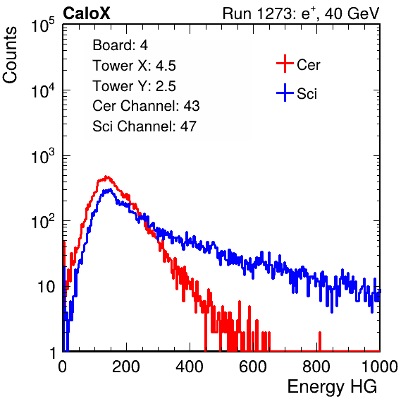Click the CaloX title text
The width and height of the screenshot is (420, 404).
pos(87,13)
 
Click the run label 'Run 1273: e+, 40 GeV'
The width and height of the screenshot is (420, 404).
pos(301,13)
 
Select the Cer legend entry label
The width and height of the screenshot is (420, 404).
pos(308,65)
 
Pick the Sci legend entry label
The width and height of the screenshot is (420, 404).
pos(307,94)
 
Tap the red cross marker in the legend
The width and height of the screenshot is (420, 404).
pos(285,64)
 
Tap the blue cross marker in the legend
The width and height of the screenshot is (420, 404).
pos(285,93)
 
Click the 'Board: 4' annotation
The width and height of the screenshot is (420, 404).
pos(120,45)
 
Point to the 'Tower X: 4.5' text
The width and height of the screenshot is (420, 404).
pos(134,66)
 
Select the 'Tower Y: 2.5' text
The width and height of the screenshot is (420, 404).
pos(134,86)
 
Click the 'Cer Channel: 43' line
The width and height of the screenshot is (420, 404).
pos(146,106)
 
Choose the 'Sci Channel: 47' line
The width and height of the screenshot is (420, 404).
pos(144,126)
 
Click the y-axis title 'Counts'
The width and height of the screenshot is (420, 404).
pos(10,55)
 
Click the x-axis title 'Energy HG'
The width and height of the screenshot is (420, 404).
pos(332,387)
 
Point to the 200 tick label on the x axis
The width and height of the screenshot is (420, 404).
pos(126,367)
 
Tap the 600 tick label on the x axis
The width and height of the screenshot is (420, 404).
pos(253,367)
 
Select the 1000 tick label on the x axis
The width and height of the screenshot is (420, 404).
pos(380,367)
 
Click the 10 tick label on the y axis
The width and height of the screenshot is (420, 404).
pos(46,287)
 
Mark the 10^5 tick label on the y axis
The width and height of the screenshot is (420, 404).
pos(43,25)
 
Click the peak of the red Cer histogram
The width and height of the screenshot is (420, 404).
pos(106,177)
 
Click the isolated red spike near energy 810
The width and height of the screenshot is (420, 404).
pos(319,341)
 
